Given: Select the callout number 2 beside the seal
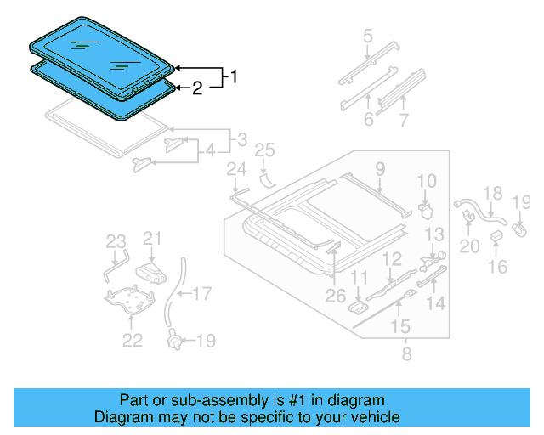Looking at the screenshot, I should (x=196, y=88).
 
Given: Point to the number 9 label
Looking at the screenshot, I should (x=379, y=168).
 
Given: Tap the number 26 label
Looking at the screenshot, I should (x=336, y=297).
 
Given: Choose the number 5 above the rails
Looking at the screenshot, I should (x=367, y=36).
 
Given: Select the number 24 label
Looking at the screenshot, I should (x=235, y=172).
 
